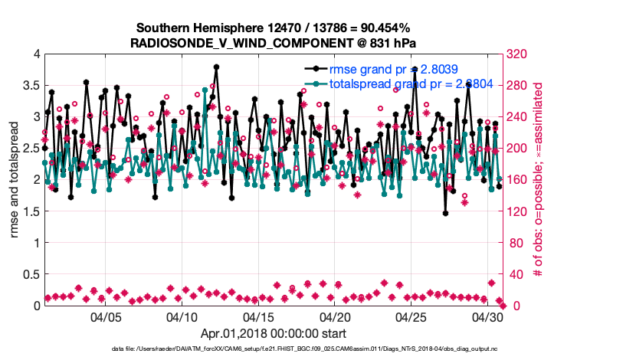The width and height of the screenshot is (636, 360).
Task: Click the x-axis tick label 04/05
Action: (x=107, y=316)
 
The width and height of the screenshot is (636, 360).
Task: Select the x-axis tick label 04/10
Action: (x=182, y=316)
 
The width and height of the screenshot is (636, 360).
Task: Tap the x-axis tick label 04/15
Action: (x=259, y=316)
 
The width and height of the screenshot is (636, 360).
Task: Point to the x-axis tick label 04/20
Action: (x=335, y=316)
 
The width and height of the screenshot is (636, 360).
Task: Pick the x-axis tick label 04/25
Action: (x=411, y=316)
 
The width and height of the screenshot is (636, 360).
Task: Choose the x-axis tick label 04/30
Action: (x=487, y=316)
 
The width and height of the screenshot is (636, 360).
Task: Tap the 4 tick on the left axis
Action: (x=36, y=54)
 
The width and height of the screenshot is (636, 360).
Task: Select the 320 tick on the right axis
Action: (x=516, y=54)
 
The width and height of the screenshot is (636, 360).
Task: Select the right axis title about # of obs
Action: (x=538, y=180)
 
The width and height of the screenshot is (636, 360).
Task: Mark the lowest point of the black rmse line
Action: (x=445, y=214)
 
